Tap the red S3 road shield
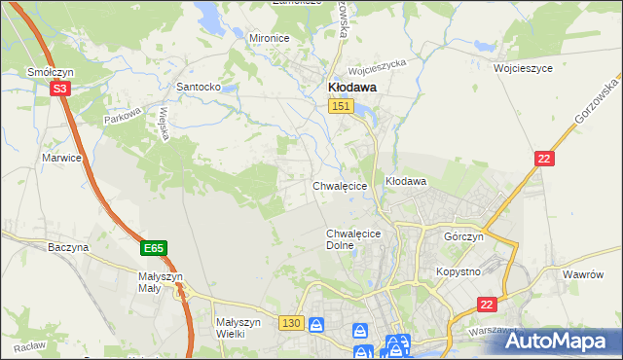pyautogui.click(x=59, y=89)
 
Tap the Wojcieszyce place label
pyautogui.click(x=523, y=69)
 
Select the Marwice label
pyautogui.click(x=60, y=157)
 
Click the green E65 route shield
pyautogui.click(x=153, y=249)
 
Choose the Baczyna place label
pyautogui.click(x=68, y=247)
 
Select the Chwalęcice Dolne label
pyautogui.click(x=352, y=239)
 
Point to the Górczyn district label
pyautogui.click(x=463, y=237)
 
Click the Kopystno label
pyautogui.click(x=458, y=272)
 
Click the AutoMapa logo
pyautogui.click(x=556, y=341)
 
